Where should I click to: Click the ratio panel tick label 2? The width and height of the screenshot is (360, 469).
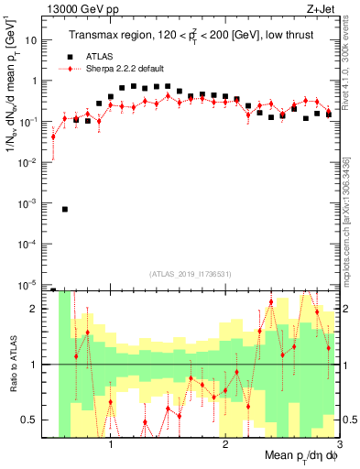pos(38,309)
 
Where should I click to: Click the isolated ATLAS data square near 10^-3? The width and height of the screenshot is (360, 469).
pos(65,209)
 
